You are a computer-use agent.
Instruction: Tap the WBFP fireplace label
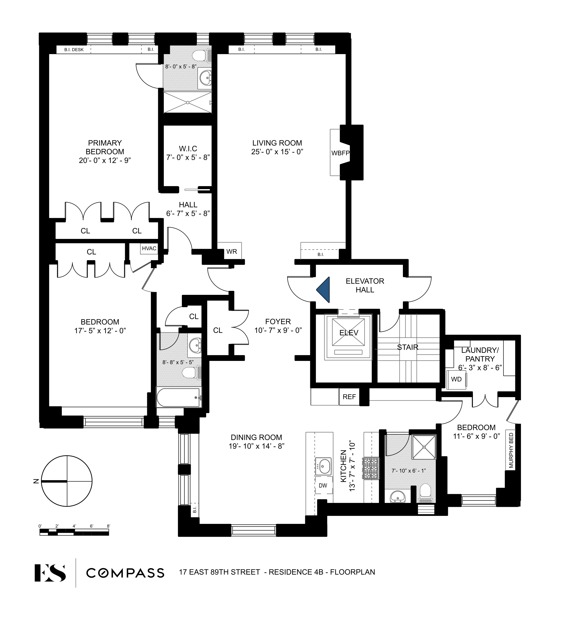pos(340,153)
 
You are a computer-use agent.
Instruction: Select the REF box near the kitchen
pos(349,397)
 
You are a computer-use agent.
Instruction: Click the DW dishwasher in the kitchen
pos(323,486)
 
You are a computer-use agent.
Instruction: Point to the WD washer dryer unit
pos(456,379)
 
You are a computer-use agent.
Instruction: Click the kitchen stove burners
pos(371,468)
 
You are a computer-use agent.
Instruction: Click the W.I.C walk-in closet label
pos(188,149)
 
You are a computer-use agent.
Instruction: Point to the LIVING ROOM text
pos(277,143)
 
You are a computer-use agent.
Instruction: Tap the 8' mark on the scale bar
pos(108,526)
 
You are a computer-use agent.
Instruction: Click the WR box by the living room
pos(231,251)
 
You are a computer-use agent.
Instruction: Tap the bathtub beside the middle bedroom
pos(178,397)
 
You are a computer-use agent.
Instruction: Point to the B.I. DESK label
pos(74,50)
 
